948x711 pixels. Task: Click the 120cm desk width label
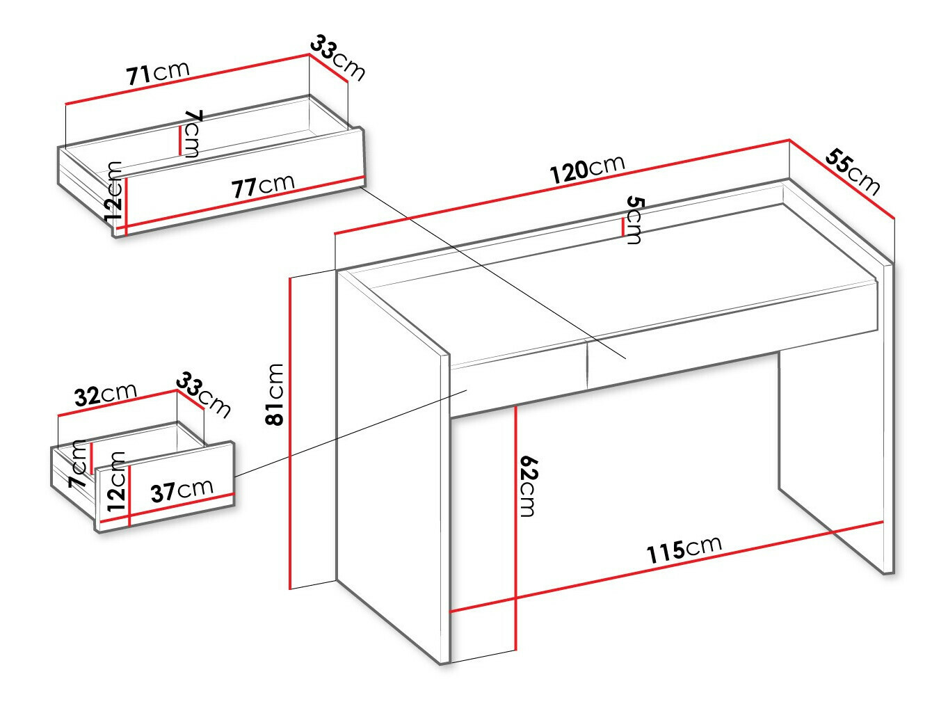coord(587,168)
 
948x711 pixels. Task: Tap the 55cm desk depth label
coord(852,172)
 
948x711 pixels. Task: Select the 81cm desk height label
coord(275,394)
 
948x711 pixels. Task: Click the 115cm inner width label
coord(684,550)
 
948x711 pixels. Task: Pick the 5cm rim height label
coord(635,221)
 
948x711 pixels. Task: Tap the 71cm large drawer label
coord(158,73)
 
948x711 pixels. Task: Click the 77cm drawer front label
coord(263,186)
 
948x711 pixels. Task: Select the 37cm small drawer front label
coord(182,490)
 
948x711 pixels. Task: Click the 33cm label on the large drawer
coord(337,58)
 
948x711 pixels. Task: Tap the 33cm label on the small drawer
coord(203,395)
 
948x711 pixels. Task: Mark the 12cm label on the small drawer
coord(116,481)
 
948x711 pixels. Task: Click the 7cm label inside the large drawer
coord(191,134)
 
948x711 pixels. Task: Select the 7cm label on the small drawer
coord(78,464)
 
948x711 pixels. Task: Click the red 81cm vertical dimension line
coord(291,433)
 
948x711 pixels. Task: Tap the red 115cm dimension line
coord(666,567)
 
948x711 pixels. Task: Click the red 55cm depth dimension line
coord(842,179)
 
